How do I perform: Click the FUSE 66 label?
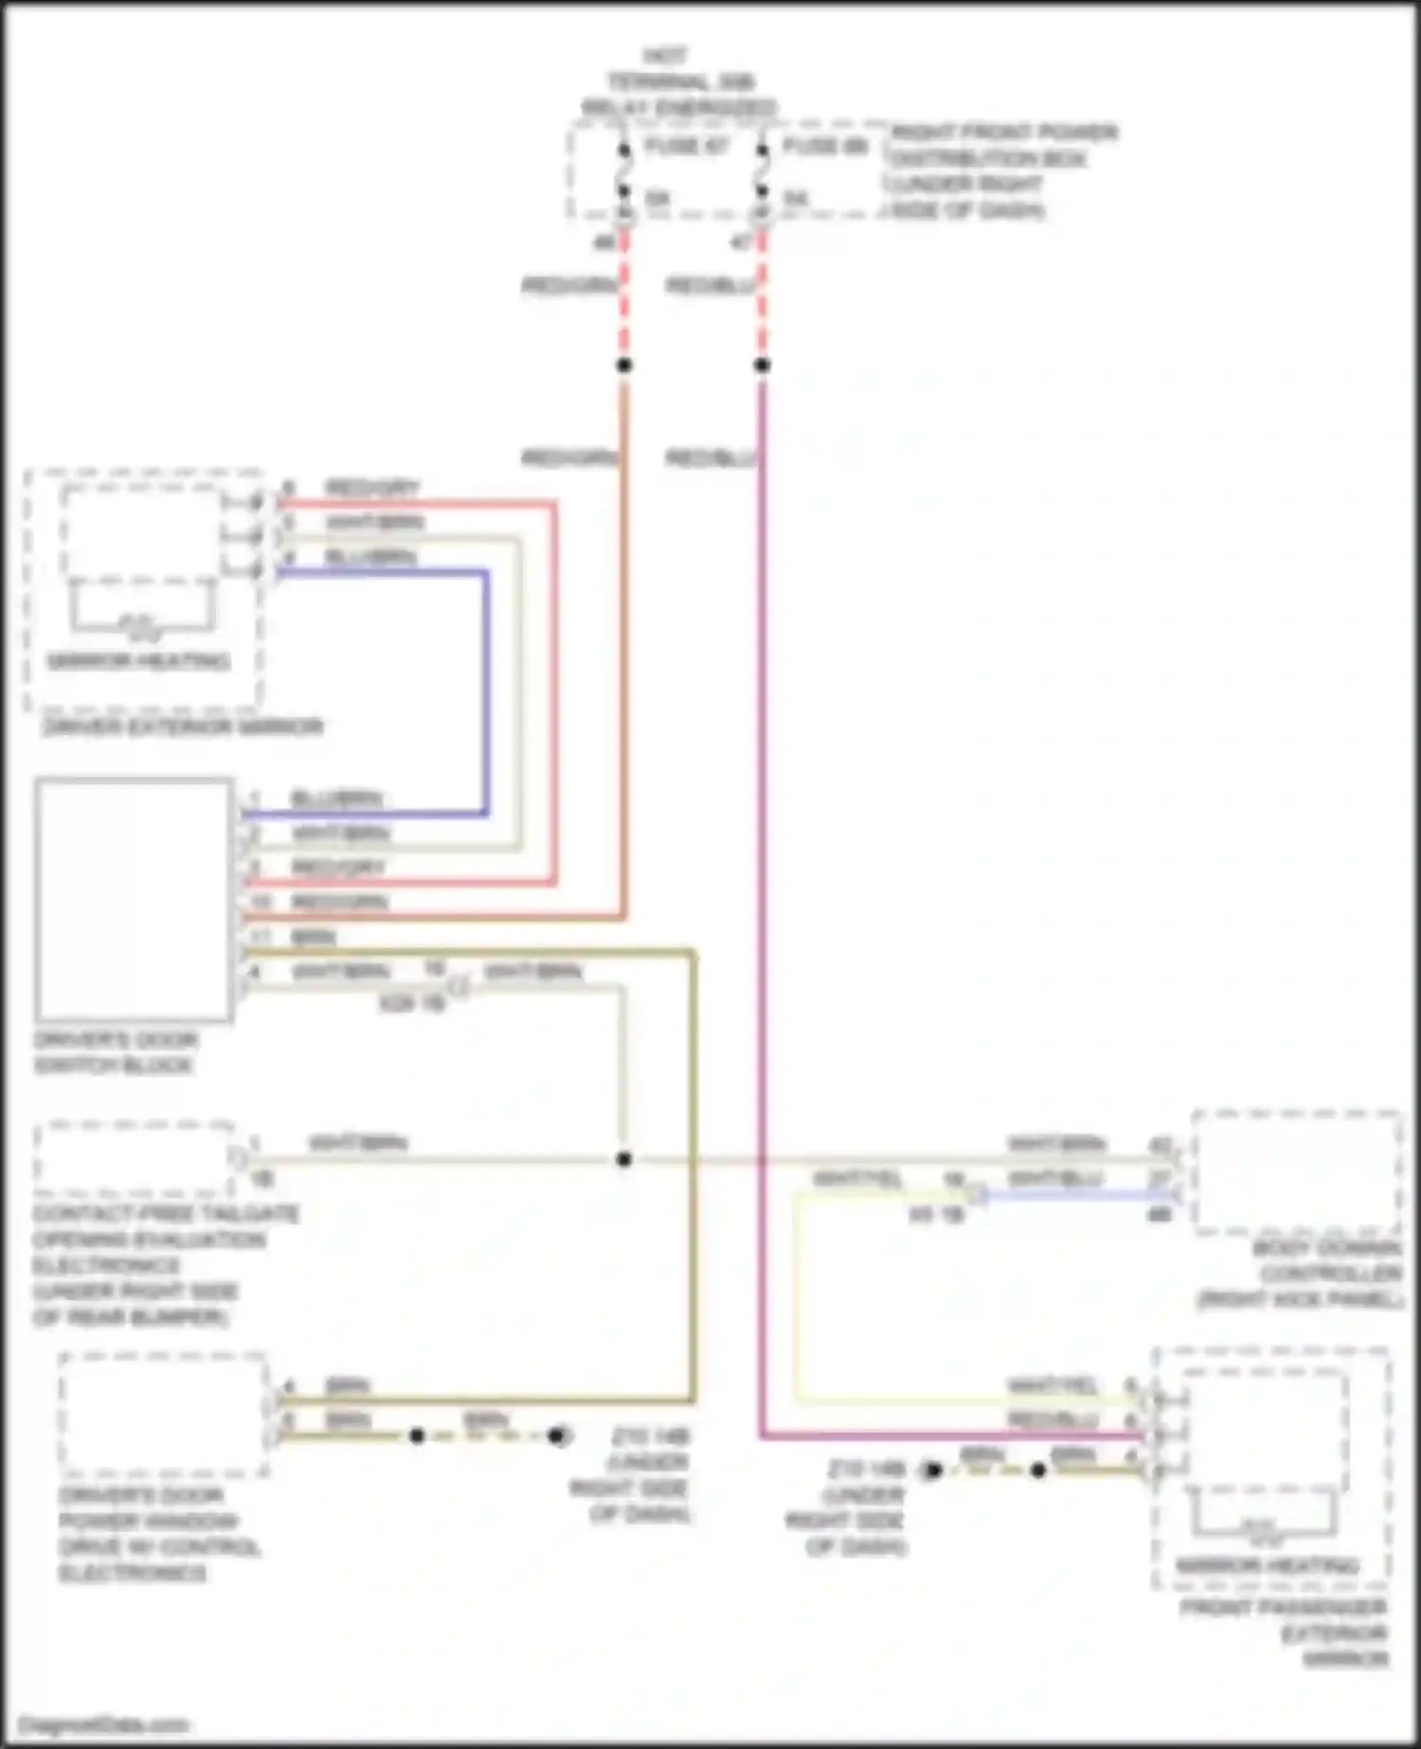824,146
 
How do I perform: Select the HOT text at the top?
664,56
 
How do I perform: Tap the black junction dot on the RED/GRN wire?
623,365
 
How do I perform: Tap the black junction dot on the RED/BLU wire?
762,365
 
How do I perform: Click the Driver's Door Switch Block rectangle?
134,899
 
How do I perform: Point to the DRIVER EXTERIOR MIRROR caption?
182,727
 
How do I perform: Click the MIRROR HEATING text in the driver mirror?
138,661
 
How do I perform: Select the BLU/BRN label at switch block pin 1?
336,799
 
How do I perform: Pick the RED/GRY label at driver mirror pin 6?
371,488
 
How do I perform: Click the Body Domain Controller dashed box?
1296,1172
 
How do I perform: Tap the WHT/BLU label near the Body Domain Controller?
1056,1179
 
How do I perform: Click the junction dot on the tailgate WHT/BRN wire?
623,1159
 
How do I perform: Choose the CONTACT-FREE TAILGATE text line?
166,1214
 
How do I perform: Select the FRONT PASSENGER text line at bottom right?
1284,1607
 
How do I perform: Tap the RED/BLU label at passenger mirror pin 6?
1052,1420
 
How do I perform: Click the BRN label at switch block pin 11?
313,937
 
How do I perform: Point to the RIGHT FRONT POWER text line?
1004,132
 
